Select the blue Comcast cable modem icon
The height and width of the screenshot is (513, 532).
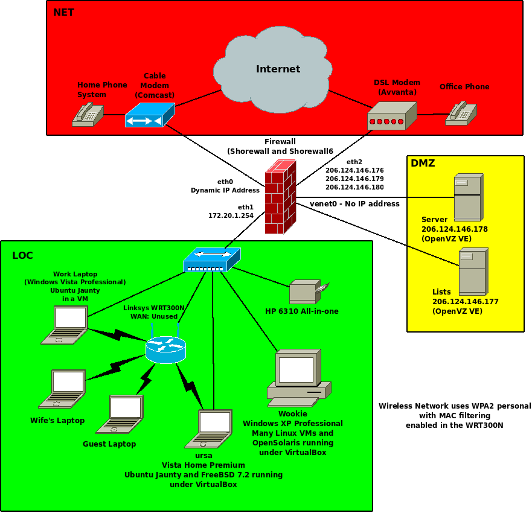click(149, 115)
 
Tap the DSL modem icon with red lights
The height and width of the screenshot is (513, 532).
click(393, 116)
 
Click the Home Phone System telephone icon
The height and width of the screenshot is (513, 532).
click(87, 114)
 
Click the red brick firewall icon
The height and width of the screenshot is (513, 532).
click(280, 197)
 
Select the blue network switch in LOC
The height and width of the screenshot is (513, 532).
click(212, 260)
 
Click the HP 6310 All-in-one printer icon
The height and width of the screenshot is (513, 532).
click(307, 292)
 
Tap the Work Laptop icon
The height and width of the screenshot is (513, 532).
click(65, 325)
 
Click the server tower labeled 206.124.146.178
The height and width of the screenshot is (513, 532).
click(468, 197)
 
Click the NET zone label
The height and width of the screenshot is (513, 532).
click(63, 12)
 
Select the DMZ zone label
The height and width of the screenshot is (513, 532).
click(423, 163)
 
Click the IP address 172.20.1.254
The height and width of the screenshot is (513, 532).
click(231, 215)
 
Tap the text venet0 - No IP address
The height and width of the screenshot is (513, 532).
click(354, 204)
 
